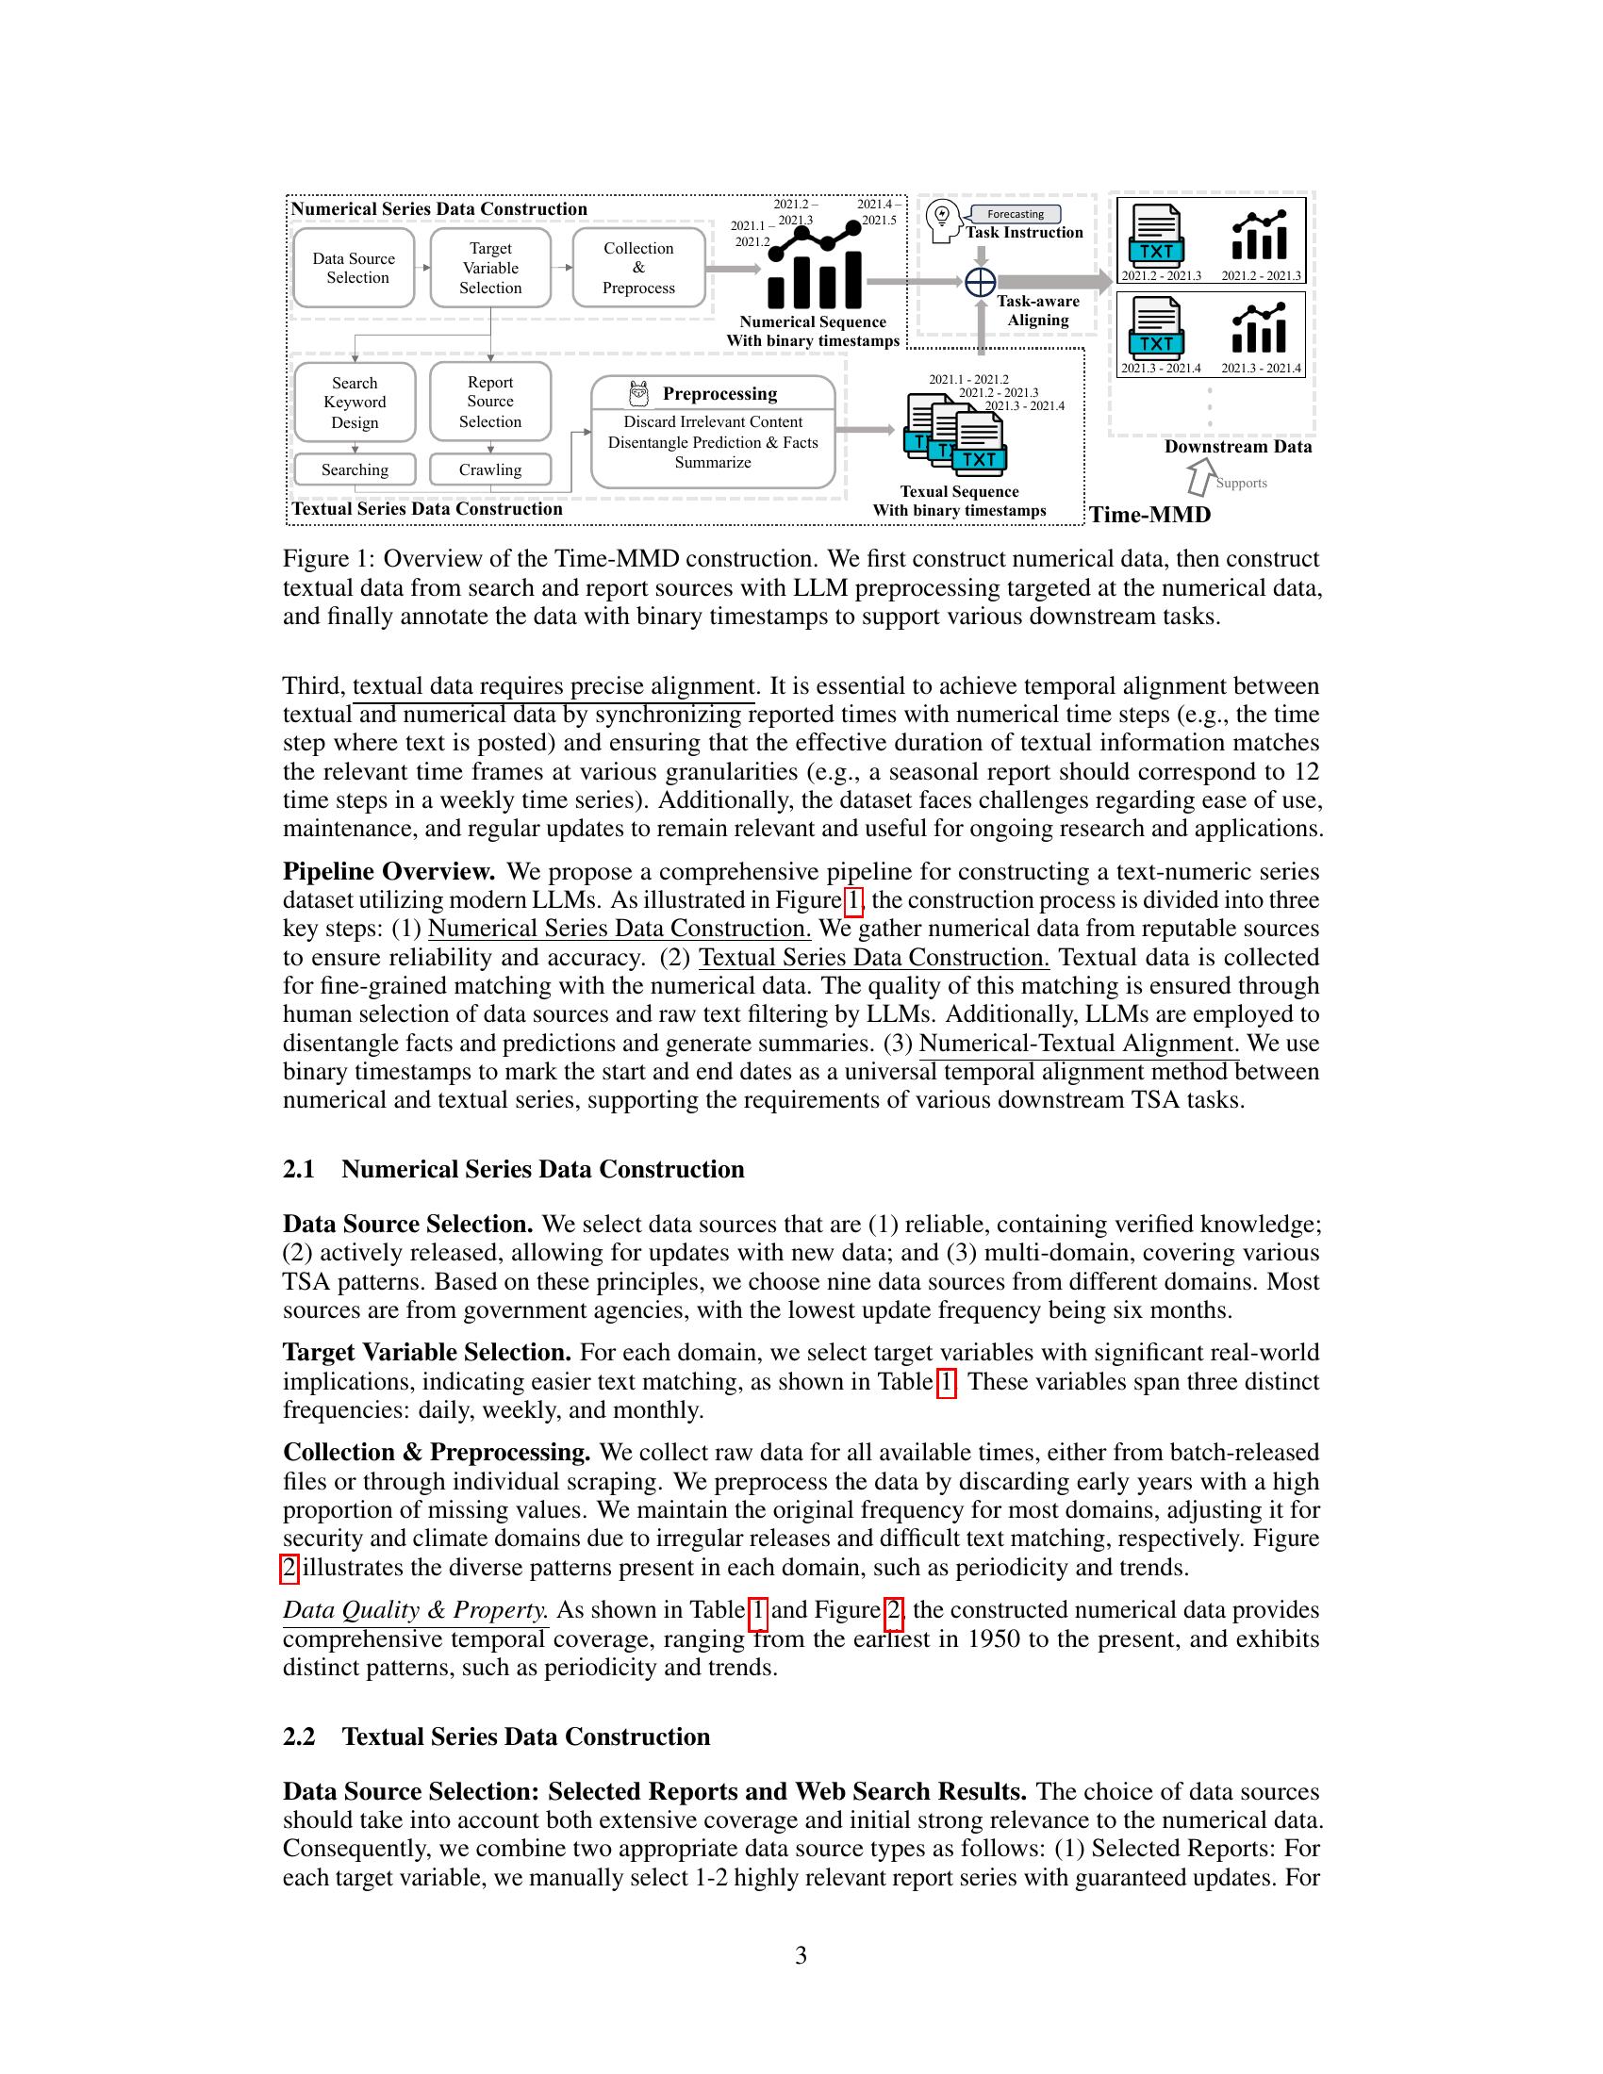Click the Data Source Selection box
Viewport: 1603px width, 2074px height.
(x=354, y=268)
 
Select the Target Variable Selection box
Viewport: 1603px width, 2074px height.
(x=490, y=268)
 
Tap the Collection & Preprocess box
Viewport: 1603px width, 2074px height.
(x=638, y=268)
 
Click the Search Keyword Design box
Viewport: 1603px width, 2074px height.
(x=355, y=403)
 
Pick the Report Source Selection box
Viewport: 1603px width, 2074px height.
(x=490, y=402)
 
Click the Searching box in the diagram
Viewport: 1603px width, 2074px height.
(x=355, y=469)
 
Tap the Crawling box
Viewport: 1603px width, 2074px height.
(x=490, y=469)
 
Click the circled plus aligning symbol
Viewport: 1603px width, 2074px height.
(x=980, y=282)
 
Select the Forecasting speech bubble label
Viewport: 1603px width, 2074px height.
(x=1015, y=215)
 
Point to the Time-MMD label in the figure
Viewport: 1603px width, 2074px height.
(x=1149, y=515)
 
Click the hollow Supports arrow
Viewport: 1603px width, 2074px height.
(x=1201, y=475)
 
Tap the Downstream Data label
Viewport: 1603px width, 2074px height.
(x=1237, y=446)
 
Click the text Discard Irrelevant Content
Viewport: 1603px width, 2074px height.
(x=712, y=421)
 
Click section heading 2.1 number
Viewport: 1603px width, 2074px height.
(x=298, y=1169)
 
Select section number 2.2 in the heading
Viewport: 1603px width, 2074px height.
(x=298, y=1736)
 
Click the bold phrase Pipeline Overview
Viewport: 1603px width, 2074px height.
(x=388, y=871)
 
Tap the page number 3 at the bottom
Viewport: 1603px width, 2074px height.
(x=801, y=1954)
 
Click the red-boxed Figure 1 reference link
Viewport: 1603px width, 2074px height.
(x=852, y=899)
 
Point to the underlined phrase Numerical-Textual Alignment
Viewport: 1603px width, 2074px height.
(x=1079, y=1043)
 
